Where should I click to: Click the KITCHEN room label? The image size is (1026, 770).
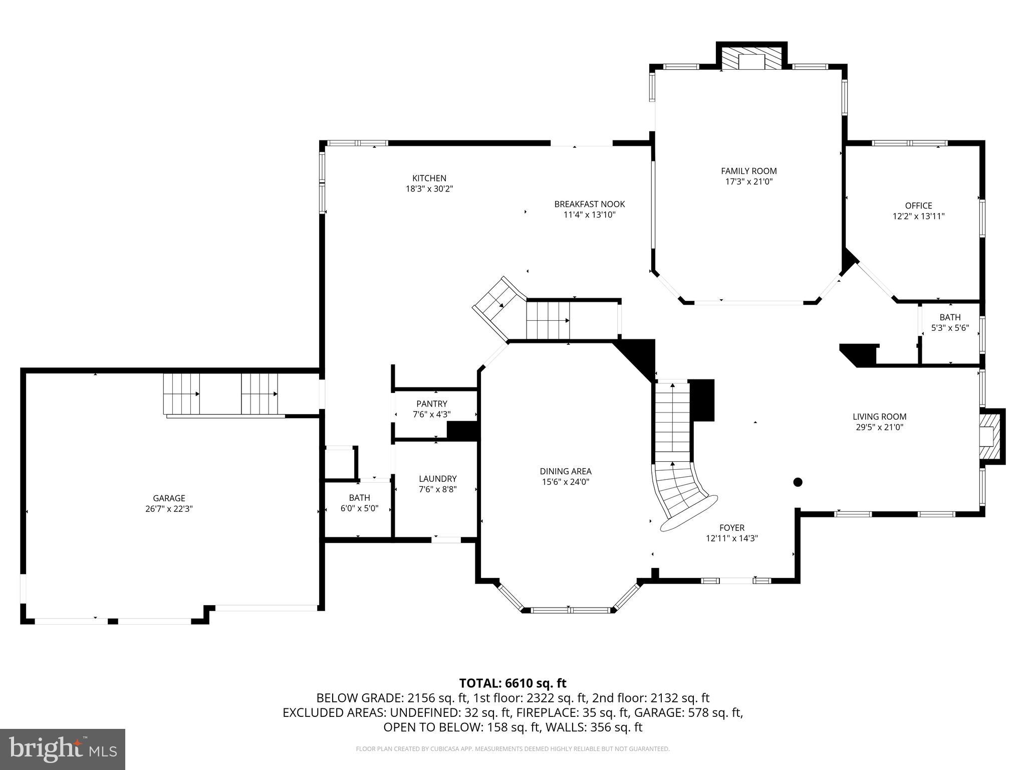tap(429, 178)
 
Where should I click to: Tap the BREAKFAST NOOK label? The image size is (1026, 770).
tap(589, 204)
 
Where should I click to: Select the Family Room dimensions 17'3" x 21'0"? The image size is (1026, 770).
tap(748, 182)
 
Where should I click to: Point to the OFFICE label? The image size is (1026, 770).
tap(918, 206)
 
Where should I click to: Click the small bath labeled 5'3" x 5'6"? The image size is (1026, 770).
tap(950, 323)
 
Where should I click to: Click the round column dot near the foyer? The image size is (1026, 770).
tap(798, 482)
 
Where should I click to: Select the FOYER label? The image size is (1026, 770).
tap(732, 527)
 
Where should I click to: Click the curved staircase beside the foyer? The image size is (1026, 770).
tap(681, 494)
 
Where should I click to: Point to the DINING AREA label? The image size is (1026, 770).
tap(565, 471)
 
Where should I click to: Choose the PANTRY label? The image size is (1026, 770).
tap(431, 404)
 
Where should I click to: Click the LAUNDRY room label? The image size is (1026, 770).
tap(437, 479)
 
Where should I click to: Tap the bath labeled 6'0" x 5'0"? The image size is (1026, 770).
tap(359, 503)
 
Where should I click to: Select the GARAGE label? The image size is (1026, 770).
tap(169, 498)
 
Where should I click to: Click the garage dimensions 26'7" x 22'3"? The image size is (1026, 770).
tap(169, 509)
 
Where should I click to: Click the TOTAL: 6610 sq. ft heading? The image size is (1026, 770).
tap(512, 683)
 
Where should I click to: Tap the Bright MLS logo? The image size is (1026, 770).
tap(63, 749)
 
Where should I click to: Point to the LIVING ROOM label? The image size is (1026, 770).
tap(879, 417)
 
